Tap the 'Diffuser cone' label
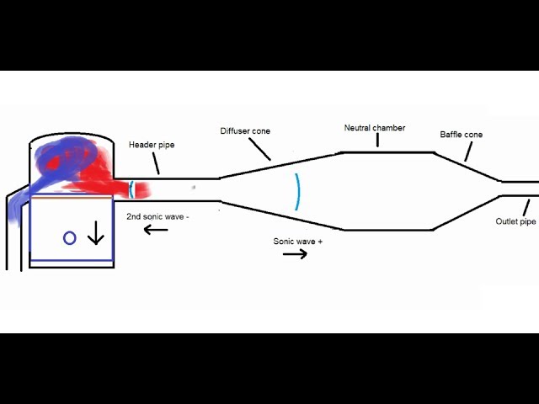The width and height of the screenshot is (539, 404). pyautogui.click(x=245, y=131)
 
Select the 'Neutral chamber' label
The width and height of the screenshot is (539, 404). pyautogui.click(x=375, y=128)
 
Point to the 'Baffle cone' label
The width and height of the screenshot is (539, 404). pyautogui.click(x=461, y=135)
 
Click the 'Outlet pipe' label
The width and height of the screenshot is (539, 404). pyautogui.click(x=515, y=222)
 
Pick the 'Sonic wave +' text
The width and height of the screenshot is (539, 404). pyautogui.click(x=298, y=241)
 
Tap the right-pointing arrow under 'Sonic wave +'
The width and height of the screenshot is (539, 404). pyautogui.click(x=295, y=253)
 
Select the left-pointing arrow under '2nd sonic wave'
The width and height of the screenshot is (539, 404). pyautogui.click(x=156, y=229)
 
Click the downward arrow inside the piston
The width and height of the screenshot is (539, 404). pyautogui.click(x=95, y=232)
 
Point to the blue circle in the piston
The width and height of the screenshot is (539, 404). pyautogui.click(x=70, y=238)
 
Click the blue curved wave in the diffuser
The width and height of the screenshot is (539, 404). pyautogui.click(x=296, y=191)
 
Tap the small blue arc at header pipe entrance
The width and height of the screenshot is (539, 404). pyautogui.click(x=131, y=188)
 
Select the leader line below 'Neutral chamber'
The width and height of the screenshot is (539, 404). pyautogui.click(x=376, y=141)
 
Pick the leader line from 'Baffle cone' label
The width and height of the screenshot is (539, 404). pyautogui.click(x=467, y=151)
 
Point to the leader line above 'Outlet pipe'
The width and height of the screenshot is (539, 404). pyautogui.click(x=527, y=206)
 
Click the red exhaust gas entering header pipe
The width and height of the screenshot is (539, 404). pyautogui.click(x=126, y=187)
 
